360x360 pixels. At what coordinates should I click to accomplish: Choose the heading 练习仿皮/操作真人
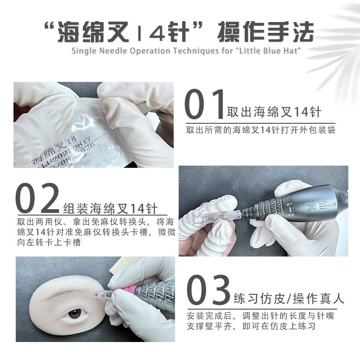tap(289, 298)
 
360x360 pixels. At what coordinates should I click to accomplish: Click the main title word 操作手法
tap(265, 32)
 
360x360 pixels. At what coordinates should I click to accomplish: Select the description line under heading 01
tap(261, 130)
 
